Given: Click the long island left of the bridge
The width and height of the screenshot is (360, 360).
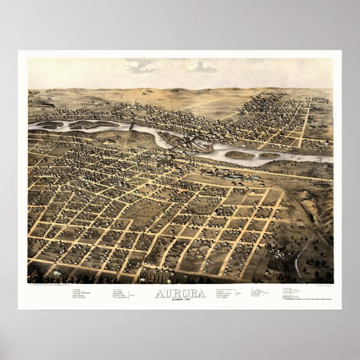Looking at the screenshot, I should [x=89, y=124].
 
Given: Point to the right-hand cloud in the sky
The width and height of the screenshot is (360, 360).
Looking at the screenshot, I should [x=202, y=67].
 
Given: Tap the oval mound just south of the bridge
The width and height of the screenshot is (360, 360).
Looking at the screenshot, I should [x=110, y=142].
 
